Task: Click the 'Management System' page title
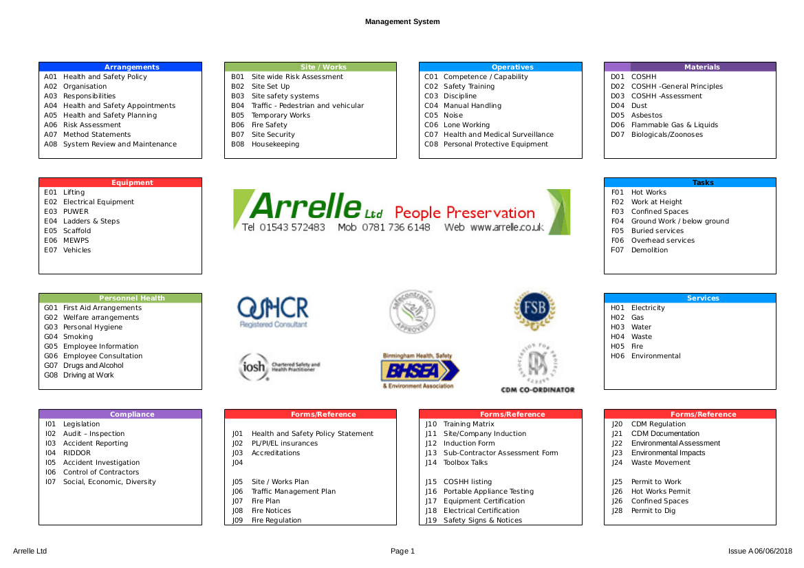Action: pyautogui.click(x=402, y=22)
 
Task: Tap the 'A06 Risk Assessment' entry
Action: pyautogui.click(x=83, y=125)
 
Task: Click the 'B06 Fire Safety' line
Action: pyautogui.click(x=259, y=125)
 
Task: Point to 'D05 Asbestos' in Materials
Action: pyautogui.click(x=636, y=116)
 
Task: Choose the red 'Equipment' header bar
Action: pyautogui.click(x=120, y=183)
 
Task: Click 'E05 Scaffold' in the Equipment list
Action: pyautogui.click(x=67, y=231)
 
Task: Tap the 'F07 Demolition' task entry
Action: pyautogui.click(x=639, y=250)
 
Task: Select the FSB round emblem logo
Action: pyautogui.click(x=534, y=309)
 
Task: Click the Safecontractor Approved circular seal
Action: pyautogui.click(x=413, y=312)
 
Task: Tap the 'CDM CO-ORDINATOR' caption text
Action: pyautogui.click(x=538, y=390)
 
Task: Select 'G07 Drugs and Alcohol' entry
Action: pyautogui.click(x=84, y=366)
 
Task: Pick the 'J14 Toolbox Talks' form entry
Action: pyautogui.click(x=456, y=463)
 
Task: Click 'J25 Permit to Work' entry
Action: pyautogui.click(x=646, y=482)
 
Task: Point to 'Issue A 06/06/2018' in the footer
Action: pyautogui.click(x=760, y=551)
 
